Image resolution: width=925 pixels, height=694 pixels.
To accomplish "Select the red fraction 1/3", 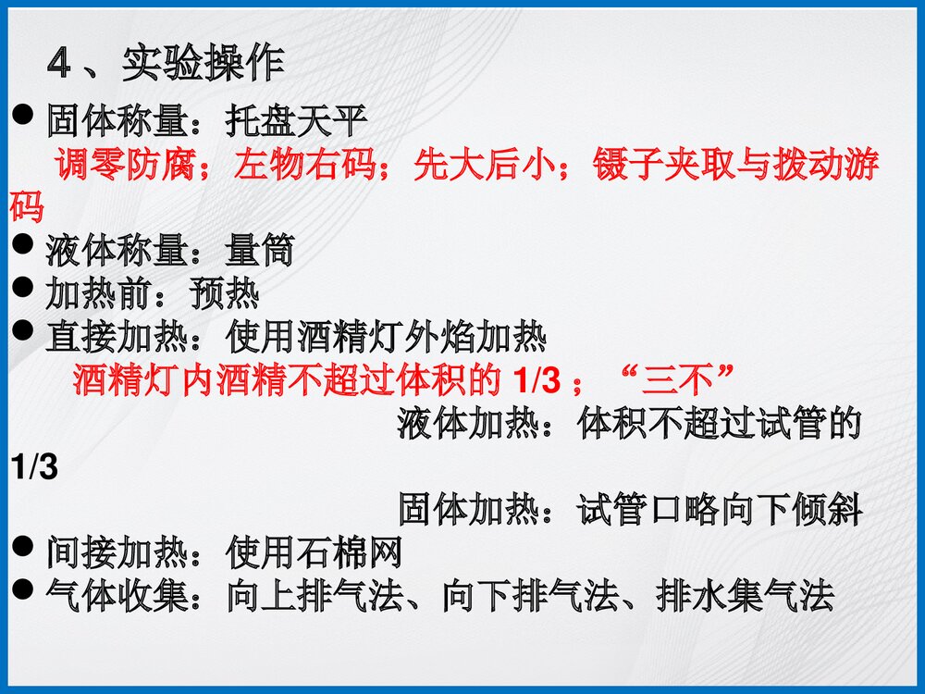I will coord(535,379).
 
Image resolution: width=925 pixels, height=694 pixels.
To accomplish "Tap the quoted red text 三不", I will coord(680,379).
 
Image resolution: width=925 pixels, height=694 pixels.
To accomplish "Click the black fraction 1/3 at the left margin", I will coord(34,467).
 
